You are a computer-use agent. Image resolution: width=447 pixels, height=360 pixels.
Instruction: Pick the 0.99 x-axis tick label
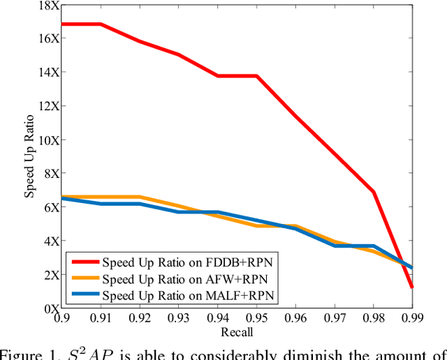coord(412,318)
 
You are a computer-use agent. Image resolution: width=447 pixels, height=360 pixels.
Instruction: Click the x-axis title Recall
coord(237,331)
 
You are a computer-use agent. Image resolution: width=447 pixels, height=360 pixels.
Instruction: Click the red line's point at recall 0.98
coord(374,191)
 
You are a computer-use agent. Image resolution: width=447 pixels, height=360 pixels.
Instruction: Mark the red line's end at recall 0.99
coord(412,287)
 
